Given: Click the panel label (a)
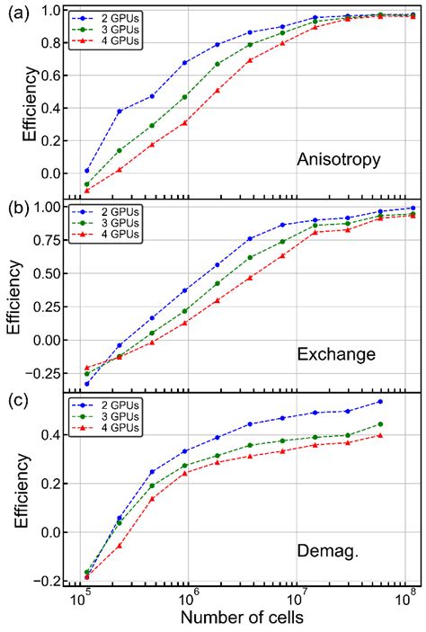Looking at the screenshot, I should point(15,12).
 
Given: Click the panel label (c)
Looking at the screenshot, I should point(15,402).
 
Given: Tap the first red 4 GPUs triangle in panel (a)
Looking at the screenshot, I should point(87,190).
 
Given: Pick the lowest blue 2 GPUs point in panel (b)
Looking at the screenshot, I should point(87,384).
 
